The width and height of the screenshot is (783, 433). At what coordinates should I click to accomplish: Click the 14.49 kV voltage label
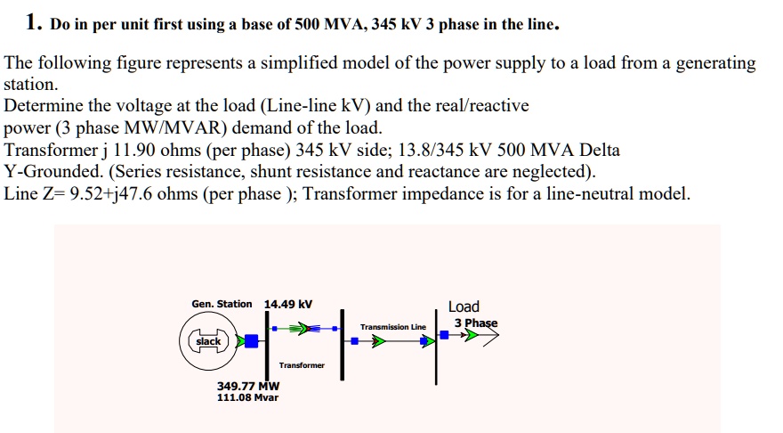288,305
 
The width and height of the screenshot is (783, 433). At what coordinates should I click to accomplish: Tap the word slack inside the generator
208,341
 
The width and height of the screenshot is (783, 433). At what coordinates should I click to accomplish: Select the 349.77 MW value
248,386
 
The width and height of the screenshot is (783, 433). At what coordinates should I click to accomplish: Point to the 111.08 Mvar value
248,397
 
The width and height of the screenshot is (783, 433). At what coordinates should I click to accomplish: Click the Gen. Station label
222,305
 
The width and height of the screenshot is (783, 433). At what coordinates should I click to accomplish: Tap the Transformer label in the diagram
302,365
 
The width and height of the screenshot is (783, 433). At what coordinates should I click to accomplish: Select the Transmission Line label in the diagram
393,327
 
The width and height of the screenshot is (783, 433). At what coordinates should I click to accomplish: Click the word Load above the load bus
464,306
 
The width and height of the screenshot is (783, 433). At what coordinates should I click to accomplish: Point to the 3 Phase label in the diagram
476,323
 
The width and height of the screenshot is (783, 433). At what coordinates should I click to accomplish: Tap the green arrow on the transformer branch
306,329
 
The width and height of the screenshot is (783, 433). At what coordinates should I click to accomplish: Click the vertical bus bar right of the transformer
341,341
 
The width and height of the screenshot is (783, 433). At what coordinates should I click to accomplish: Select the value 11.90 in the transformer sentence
133,150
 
